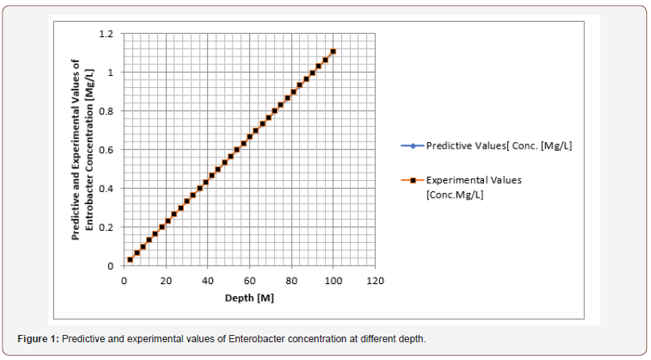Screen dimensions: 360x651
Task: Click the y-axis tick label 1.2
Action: point(106,34)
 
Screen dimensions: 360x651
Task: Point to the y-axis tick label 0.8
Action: point(106,111)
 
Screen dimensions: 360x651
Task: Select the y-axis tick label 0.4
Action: point(106,189)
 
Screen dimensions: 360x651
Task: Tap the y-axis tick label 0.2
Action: point(106,228)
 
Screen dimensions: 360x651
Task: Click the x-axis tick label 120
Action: point(374,281)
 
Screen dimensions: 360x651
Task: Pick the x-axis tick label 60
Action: point(249,281)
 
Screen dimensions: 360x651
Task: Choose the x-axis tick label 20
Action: point(165,281)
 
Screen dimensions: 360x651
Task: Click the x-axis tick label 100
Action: point(332,281)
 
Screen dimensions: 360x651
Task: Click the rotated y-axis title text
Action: point(82,149)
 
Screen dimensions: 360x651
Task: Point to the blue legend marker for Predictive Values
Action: point(411,146)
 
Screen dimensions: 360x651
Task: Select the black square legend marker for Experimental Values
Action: point(411,180)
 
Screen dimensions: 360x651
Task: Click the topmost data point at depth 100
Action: point(333,52)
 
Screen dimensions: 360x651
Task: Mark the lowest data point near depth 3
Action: point(130,260)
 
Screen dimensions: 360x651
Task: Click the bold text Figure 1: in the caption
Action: point(39,338)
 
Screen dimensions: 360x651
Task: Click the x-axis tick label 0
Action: point(123,281)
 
